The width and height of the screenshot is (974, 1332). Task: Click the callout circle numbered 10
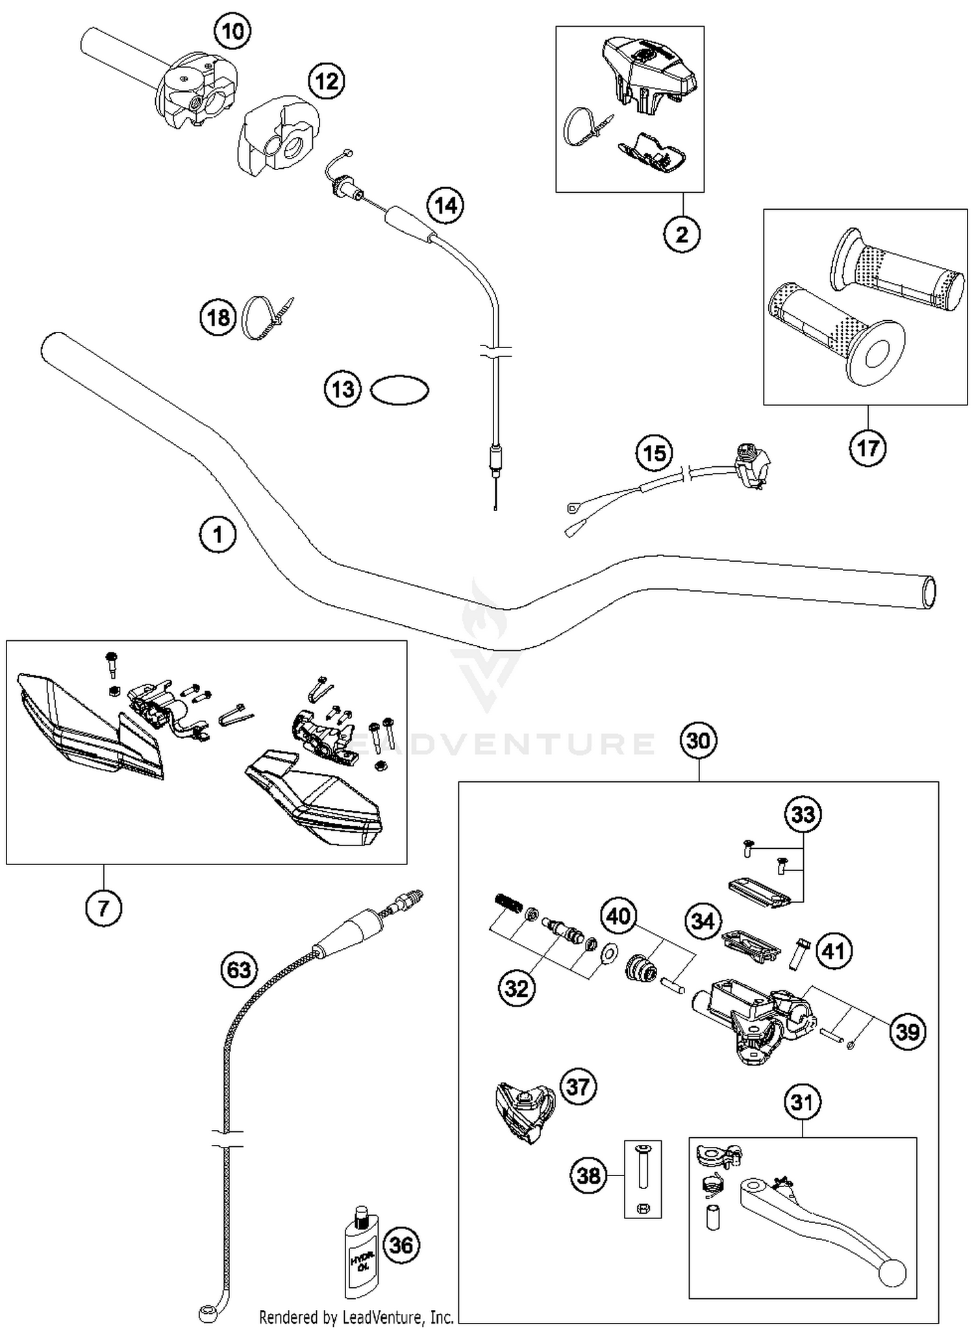233,31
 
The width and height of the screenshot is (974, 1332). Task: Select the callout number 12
326,81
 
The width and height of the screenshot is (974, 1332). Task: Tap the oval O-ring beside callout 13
399,390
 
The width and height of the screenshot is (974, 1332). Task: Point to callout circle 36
401,1245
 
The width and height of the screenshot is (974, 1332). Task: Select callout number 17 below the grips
868,447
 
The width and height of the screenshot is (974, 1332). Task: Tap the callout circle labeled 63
239,970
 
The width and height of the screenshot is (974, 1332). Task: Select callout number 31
802,1102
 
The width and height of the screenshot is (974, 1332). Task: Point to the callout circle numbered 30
699,740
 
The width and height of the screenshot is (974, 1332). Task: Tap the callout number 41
833,951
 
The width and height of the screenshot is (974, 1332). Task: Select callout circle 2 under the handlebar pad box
682,234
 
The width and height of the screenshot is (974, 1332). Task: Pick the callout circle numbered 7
104,907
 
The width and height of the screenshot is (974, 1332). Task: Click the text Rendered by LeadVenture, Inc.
356,1317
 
